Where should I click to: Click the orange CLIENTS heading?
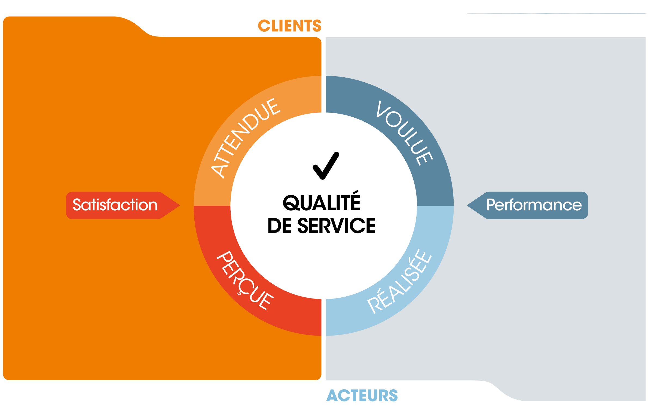(x=290, y=26)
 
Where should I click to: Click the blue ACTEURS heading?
(x=362, y=396)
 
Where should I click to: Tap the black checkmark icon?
(x=326, y=166)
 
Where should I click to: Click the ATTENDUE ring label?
(x=246, y=138)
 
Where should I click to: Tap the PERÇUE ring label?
(x=245, y=280)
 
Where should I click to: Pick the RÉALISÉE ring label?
(x=399, y=281)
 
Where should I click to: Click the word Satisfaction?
(x=115, y=205)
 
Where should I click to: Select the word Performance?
(x=534, y=205)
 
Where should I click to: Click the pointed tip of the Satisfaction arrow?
(x=180, y=205)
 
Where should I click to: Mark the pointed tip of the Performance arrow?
(x=467, y=205)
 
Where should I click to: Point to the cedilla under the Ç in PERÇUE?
(x=239, y=293)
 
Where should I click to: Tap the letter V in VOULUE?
(x=383, y=109)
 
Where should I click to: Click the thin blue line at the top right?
(x=555, y=13)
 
